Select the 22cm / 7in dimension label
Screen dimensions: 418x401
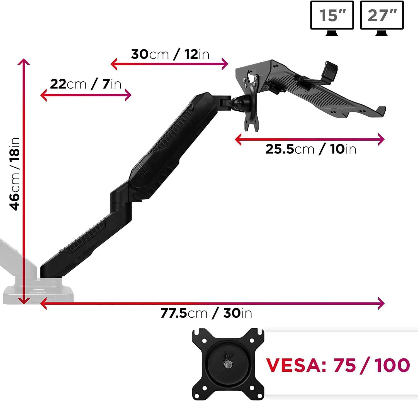click(86, 84)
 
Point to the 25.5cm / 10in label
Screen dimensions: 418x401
click(311, 149)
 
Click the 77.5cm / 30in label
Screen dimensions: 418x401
click(206, 313)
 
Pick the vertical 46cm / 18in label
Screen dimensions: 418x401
click(14, 174)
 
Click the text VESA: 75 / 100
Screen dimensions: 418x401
click(338, 365)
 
